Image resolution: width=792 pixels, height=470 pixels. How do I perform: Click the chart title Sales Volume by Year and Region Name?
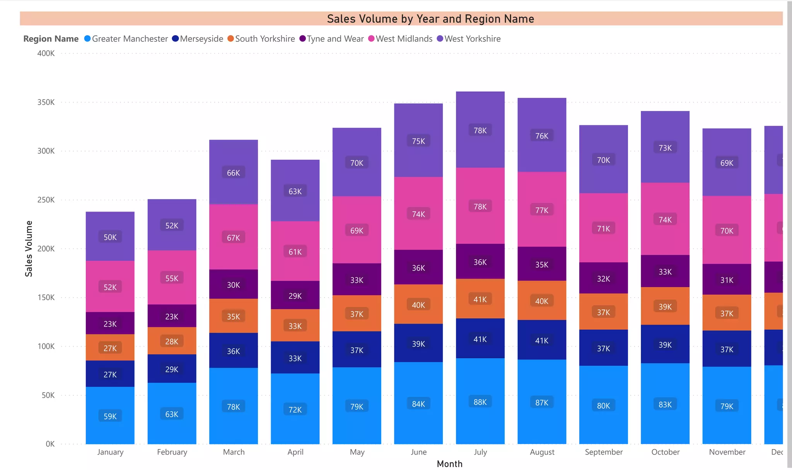pos(430,19)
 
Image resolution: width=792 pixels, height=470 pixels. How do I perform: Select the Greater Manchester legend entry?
pos(130,39)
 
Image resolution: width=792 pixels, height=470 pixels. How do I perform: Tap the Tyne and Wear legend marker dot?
pos(302,39)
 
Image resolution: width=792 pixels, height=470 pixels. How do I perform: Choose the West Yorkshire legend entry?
pos(472,39)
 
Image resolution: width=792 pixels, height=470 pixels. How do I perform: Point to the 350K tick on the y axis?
pos(46,103)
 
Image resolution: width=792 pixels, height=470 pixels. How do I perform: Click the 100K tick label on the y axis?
pos(46,347)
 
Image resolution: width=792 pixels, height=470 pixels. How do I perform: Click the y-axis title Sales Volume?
pos(29,249)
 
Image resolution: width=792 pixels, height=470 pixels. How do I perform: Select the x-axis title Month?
pos(449,464)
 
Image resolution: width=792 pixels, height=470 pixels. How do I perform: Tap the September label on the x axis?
pos(603,452)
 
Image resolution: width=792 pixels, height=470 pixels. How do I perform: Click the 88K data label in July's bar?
pos(480,402)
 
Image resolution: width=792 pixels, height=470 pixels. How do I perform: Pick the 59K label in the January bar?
pos(110,416)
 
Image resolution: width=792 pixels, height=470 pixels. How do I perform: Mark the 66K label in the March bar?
pos(233,173)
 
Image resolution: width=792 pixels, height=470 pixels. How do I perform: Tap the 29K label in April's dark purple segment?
pos(295,296)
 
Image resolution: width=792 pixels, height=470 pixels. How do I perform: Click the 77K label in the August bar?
pos(541,210)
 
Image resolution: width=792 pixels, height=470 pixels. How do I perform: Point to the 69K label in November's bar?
pos(727,163)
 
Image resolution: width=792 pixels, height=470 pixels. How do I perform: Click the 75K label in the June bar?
pos(418,141)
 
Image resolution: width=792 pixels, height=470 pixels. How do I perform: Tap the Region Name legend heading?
pos(51,39)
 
